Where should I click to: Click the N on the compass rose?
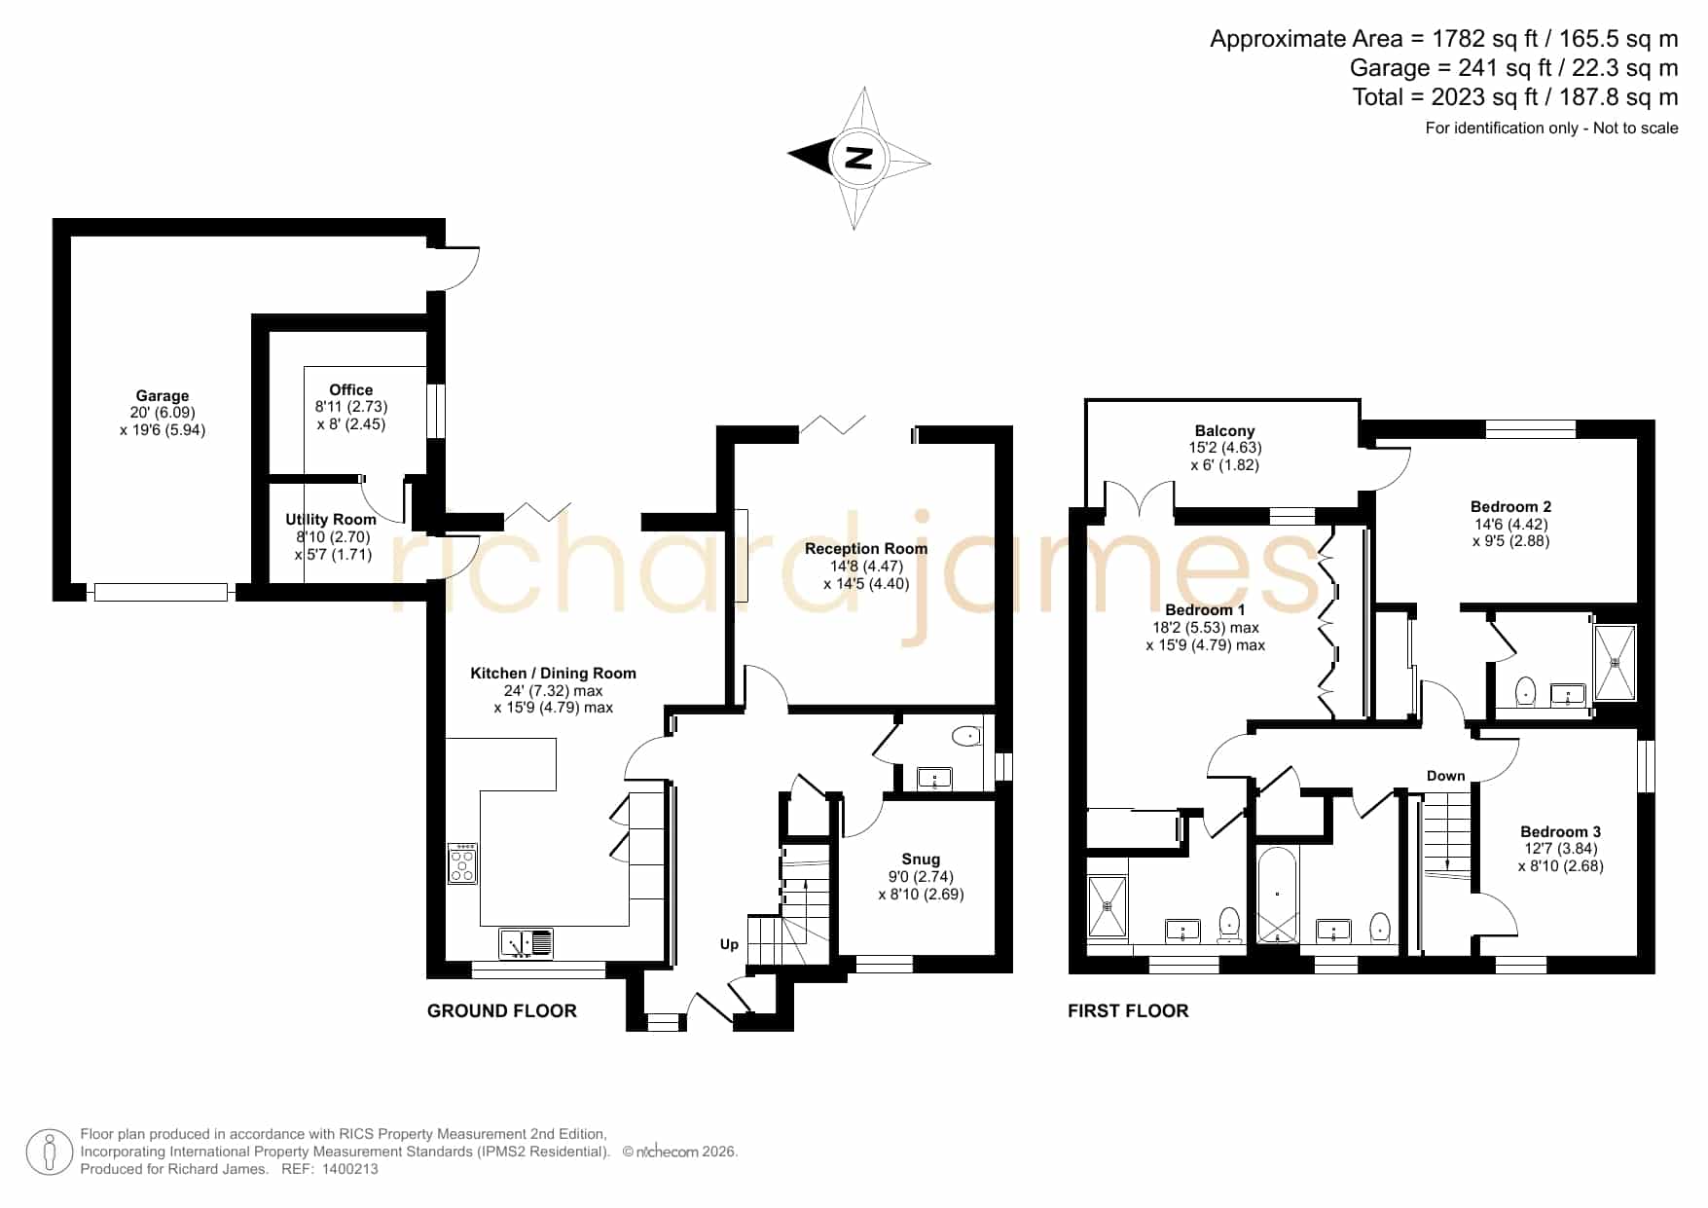click(x=857, y=157)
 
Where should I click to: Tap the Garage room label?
click(x=163, y=396)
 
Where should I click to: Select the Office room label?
click(x=350, y=389)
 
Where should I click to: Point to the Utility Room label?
click(x=331, y=520)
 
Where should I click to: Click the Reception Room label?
click(x=866, y=549)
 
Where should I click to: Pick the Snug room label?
click(x=921, y=859)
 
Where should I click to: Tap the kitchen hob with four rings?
click(x=462, y=863)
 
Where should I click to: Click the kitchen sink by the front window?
click(x=526, y=943)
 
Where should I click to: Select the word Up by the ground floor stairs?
click(x=729, y=944)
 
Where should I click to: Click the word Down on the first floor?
click(x=1445, y=776)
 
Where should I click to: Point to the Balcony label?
click(x=1224, y=431)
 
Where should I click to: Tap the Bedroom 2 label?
click(x=1510, y=506)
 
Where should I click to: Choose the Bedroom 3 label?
click(x=1560, y=831)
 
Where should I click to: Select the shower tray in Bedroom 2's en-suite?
click(x=1615, y=663)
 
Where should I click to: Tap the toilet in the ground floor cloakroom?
click(x=969, y=736)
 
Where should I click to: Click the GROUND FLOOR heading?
click(x=502, y=1011)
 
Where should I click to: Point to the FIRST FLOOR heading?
click(x=1128, y=1011)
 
